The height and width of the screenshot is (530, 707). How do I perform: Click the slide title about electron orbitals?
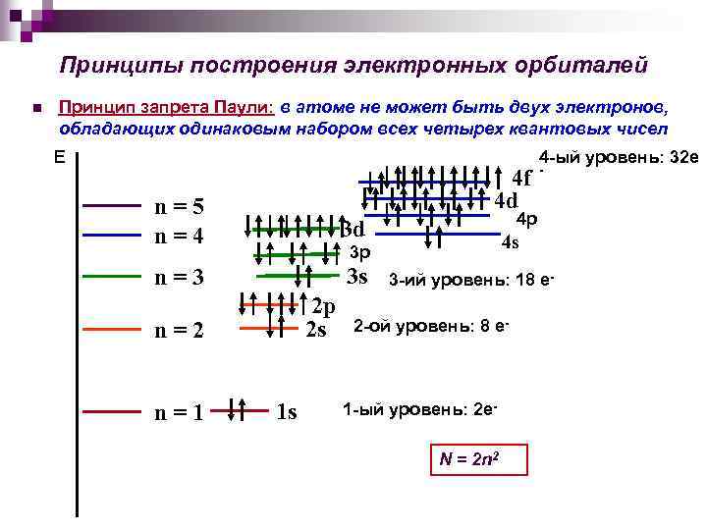click(x=353, y=65)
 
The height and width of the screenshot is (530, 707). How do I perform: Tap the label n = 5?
click(x=181, y=206)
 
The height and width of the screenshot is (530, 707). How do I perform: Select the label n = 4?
click(x=181, y=237)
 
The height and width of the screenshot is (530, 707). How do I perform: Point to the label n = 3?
click(x=181, y=277)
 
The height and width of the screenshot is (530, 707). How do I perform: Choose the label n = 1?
click(x=181, y=412)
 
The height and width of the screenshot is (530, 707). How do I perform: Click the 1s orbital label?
click(x=286, y=412)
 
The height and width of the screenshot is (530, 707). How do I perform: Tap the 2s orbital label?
click(x=316, y=329)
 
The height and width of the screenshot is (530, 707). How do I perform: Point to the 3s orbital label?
click(x=357, y=276)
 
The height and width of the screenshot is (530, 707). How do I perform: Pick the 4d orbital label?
click(x=506, y=200)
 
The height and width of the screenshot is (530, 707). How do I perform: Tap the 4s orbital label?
click(x=510, y=241)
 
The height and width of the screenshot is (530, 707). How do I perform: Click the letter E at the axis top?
click(x=60, y=157)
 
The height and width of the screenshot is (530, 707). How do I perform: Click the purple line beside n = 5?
click(x=112, y=206)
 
